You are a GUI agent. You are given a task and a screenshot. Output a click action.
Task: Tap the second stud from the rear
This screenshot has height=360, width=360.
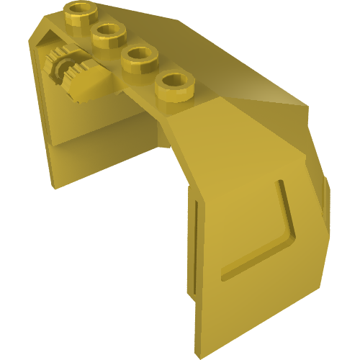tap(109, 34)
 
